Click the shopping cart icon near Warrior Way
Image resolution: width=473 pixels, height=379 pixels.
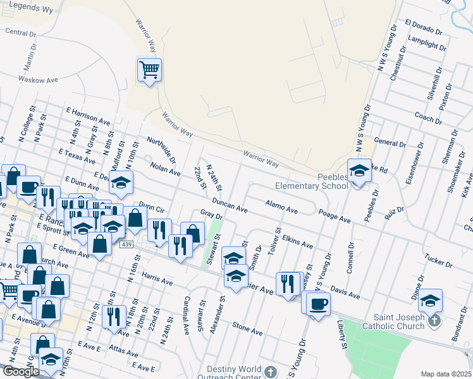tap(149, 69)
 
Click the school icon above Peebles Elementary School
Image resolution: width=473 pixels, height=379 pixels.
tap(359, 171)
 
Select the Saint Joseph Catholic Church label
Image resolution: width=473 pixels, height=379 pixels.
tap(393, 322)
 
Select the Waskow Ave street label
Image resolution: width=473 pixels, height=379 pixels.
tap(38, 80)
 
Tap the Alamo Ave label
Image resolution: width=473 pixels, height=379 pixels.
tap(281, 207)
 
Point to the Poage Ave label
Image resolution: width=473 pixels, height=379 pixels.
tap(335, 217)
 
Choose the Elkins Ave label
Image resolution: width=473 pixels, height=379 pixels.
tap(297, 241)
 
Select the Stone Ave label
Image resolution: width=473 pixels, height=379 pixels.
tap(247, 328)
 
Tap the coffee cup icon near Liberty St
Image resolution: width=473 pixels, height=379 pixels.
tap(319, 304)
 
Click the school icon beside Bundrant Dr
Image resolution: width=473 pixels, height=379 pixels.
tap(431, 301)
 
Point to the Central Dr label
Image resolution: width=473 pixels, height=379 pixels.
tap(19, 32)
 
